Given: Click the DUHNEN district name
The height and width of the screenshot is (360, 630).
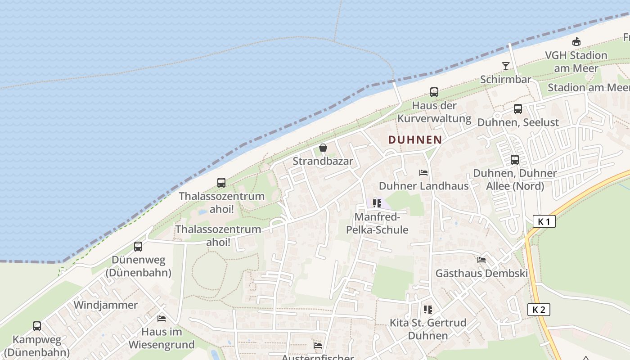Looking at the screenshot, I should pos(415,140).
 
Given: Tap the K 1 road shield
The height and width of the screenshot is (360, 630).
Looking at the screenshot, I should pos(544,221).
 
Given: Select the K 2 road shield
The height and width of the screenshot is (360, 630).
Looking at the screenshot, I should pos(538,310).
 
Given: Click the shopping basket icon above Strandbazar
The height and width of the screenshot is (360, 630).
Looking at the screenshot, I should pos(323,147).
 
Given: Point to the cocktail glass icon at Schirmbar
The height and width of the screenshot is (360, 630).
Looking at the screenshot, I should pos(506,66).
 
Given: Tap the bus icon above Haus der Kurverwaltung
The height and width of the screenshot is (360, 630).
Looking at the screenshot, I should pos(434,92).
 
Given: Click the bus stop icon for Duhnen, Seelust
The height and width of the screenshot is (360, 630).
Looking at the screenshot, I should pos(518,109).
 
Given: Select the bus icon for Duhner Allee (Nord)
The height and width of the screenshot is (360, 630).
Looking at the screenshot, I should pos(514,159).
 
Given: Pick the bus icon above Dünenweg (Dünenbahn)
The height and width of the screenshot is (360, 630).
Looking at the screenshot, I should pos(138,247).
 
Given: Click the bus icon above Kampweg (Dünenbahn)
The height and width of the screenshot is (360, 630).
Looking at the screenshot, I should pos(37,326).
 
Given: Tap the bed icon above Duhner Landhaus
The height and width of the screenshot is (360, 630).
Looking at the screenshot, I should pos(423,173).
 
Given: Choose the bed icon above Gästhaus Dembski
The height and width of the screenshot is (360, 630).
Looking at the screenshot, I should pos(481,260).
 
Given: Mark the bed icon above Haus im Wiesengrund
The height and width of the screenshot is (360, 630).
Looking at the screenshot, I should pos(162,319).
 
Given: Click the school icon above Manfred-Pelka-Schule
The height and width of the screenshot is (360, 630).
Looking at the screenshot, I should pos(377,203).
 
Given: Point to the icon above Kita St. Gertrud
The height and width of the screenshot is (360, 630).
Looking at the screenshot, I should pos(427,309).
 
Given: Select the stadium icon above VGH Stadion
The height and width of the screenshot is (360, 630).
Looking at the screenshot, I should pos(576,42).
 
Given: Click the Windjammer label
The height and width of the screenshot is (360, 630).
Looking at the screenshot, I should pos(105,305).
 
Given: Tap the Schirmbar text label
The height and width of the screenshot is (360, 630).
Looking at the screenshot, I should pos(505,80).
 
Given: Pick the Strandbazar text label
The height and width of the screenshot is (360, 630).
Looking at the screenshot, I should pos(323,161).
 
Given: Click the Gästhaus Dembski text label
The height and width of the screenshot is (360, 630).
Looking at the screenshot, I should pos(481,273).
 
